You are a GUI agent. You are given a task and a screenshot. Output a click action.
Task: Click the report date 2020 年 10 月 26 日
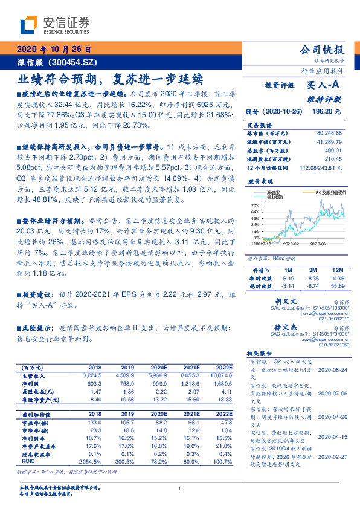(53, 50)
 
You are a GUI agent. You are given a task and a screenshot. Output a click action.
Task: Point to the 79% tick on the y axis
(255, 207)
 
